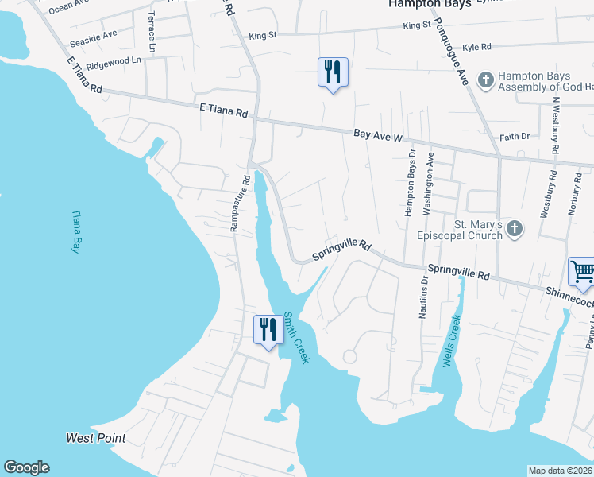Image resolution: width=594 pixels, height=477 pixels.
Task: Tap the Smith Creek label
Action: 296,337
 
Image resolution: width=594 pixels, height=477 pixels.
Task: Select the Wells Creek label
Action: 450,340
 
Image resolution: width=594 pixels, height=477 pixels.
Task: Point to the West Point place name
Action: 96,438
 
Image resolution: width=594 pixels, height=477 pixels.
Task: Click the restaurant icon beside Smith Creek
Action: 268,330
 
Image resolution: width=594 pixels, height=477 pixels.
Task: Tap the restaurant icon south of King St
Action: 332,72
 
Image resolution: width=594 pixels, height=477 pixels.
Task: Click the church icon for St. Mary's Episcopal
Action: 515,230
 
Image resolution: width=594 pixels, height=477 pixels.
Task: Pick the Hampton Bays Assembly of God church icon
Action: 484,79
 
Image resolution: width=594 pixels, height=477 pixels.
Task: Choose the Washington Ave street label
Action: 429,184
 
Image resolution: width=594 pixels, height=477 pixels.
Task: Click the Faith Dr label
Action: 515,137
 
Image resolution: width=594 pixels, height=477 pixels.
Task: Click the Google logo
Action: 26,467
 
